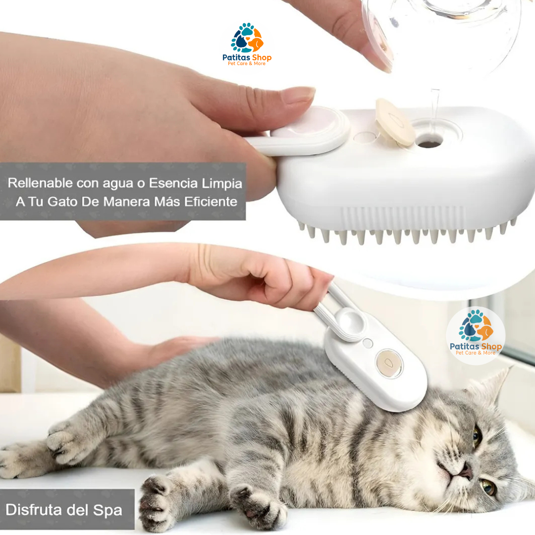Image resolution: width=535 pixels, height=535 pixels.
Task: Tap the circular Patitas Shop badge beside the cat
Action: [x=476, y=335]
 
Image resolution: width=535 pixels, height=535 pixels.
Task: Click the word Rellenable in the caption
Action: [x=40, y=183]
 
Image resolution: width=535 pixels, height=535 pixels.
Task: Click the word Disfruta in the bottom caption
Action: [x=38, y=510]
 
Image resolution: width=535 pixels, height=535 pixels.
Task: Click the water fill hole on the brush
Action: [x=429, y=142]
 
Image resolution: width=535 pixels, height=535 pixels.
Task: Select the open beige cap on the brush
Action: [x=394, y=121]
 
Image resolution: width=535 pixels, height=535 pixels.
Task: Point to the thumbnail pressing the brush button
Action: [x=298, y=95]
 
